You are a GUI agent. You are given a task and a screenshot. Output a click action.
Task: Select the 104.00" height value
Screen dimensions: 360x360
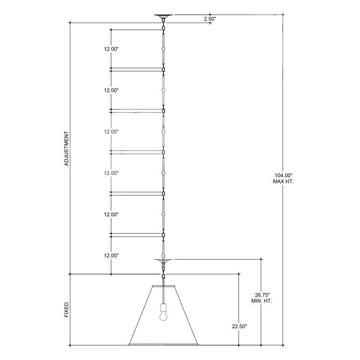tap(283, 175)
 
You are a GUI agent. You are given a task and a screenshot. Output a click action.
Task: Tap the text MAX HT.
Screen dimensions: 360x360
tap(283, 182)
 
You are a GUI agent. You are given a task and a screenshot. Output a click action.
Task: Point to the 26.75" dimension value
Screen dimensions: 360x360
tap(262, 293)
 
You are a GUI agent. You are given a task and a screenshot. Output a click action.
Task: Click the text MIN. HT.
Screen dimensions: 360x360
tap(262, 300)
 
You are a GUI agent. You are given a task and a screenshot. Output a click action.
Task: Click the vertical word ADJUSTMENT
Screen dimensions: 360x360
tap(66, 149)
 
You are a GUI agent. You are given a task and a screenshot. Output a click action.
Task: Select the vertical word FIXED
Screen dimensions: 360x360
tap(66, 310)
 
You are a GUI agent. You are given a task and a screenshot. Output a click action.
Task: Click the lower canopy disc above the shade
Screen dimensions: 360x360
tap(163, 260)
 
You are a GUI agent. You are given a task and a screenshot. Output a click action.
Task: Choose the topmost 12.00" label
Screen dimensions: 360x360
tap(111, 49)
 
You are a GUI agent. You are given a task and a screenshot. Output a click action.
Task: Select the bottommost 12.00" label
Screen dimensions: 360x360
tap(111, 256)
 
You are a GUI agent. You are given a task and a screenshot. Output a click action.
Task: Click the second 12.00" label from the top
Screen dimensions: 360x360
tap(111, 90)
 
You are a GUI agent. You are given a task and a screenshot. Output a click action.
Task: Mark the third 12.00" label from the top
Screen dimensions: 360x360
tap(111, 132)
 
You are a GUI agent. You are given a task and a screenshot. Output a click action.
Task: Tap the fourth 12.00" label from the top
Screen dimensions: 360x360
tap(111, 173)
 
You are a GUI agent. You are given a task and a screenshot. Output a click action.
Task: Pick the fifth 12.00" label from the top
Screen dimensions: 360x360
tap(111, 214)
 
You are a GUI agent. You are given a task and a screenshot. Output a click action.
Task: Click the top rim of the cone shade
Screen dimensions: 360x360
tap(163, 285)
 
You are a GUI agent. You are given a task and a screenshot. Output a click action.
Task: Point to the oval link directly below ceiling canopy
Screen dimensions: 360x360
tap(163, 28)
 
